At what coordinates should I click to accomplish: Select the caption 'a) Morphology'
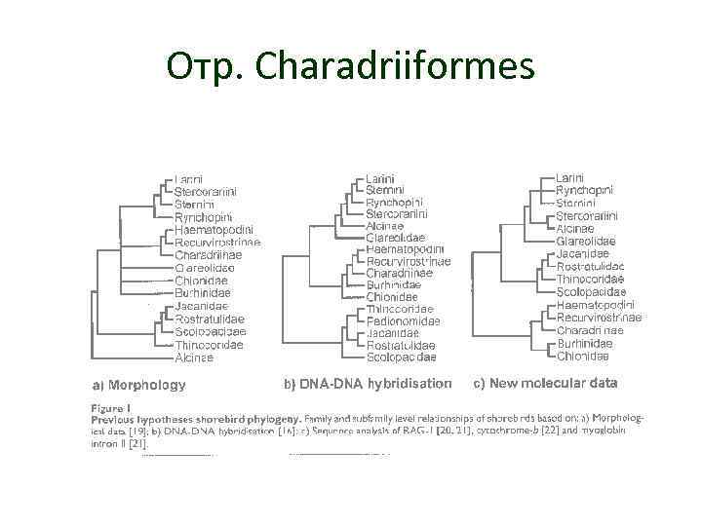pos(138,385)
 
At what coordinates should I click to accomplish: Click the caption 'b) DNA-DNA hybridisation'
pos(368,384)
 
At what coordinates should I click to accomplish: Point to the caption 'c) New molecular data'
pos(545,383)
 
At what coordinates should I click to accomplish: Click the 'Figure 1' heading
pos(111,406)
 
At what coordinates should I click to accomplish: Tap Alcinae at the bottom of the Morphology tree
pos(194,357)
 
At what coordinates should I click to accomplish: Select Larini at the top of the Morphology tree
pos(188,178)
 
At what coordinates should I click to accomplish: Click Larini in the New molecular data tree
pos(569,177)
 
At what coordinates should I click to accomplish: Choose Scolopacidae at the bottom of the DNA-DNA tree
pos(401,357)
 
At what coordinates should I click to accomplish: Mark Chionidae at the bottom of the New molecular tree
pos(584,357)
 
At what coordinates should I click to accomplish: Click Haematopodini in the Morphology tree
pos(213,230)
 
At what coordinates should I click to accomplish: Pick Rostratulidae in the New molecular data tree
pos(591,266)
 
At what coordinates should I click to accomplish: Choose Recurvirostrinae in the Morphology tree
pos(217,243)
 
